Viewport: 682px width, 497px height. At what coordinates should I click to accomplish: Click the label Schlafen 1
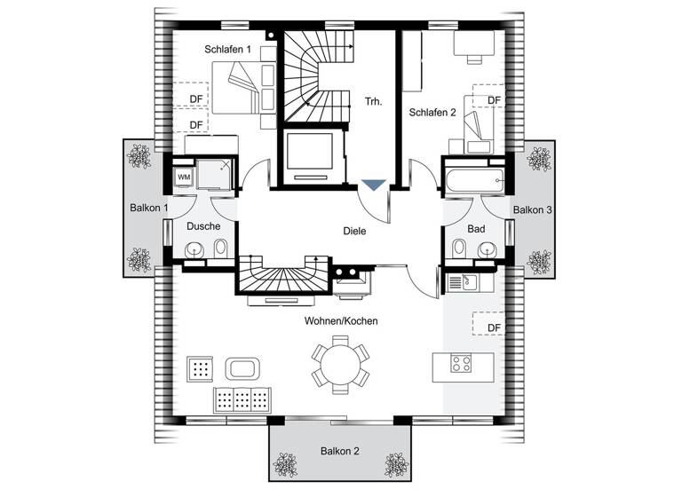point(228,50)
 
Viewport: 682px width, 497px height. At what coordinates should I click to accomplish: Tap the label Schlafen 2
point(432,113)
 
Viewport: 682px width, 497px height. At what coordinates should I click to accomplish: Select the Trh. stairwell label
point(373,102)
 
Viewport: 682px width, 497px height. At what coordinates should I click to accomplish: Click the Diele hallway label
point(354,231)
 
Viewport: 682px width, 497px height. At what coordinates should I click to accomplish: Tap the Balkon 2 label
point(340,451)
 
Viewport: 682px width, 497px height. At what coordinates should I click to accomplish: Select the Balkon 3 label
point(533,209)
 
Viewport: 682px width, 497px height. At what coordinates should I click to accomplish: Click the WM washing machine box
point(184,177)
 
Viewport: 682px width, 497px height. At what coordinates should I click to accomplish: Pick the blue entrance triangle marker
point(374,185)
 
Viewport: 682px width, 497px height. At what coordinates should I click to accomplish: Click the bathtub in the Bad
point(475,178)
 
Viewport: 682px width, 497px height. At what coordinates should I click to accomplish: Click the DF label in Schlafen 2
point(495,100)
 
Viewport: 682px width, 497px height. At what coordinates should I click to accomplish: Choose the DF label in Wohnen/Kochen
point(495,327)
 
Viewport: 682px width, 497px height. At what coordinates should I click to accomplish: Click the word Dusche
point(203,226)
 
